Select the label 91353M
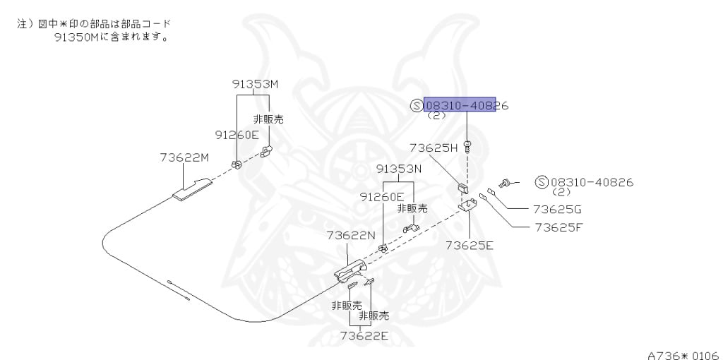(x=255, y=84)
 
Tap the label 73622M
(x=184, y=157)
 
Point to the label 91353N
(x=398, y=169)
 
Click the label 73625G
(x=557, y=209)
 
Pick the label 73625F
(x=558, y=227)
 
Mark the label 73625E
(x=469, y=245)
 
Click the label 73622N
(x=350, y=235)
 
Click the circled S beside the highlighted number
(x=416, y=106)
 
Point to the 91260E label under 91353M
(x=237, y=134)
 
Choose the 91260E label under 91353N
(x=381, y=197)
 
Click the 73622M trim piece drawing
(x=193, y=189)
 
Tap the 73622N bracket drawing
(x=350, y=270)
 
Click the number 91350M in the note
(x=76, y=37)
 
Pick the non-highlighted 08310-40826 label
(x=591, y=182)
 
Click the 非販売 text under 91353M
(x=268, y=119)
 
